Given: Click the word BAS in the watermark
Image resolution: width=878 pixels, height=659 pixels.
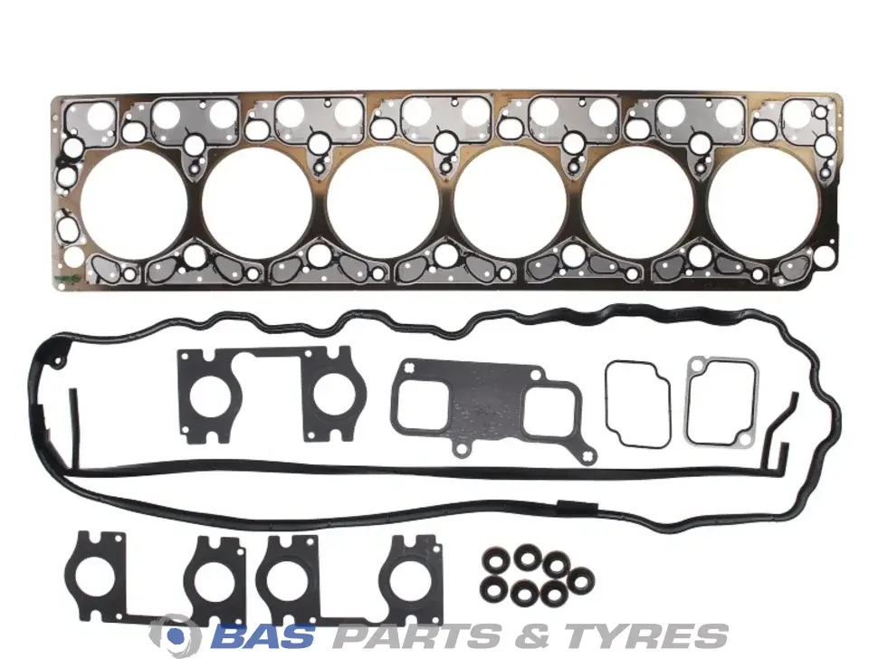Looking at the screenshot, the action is pyautogui.click(x=263, y=635).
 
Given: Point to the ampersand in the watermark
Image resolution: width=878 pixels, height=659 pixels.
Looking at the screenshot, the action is pyautogui.click(x=532, y=635).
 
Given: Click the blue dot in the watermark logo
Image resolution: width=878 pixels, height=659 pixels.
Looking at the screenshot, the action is pyautogui.click(x=176, y=635).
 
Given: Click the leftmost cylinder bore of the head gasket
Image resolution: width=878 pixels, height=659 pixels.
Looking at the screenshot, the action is pyautogui.click(x=134, y=205).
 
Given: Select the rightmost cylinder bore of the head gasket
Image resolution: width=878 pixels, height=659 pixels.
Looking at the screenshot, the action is pyautogui.click(x=763, y=204).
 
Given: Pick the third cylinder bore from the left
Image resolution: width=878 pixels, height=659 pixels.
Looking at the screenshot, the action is pyautogui.click(x=384, y=204).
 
